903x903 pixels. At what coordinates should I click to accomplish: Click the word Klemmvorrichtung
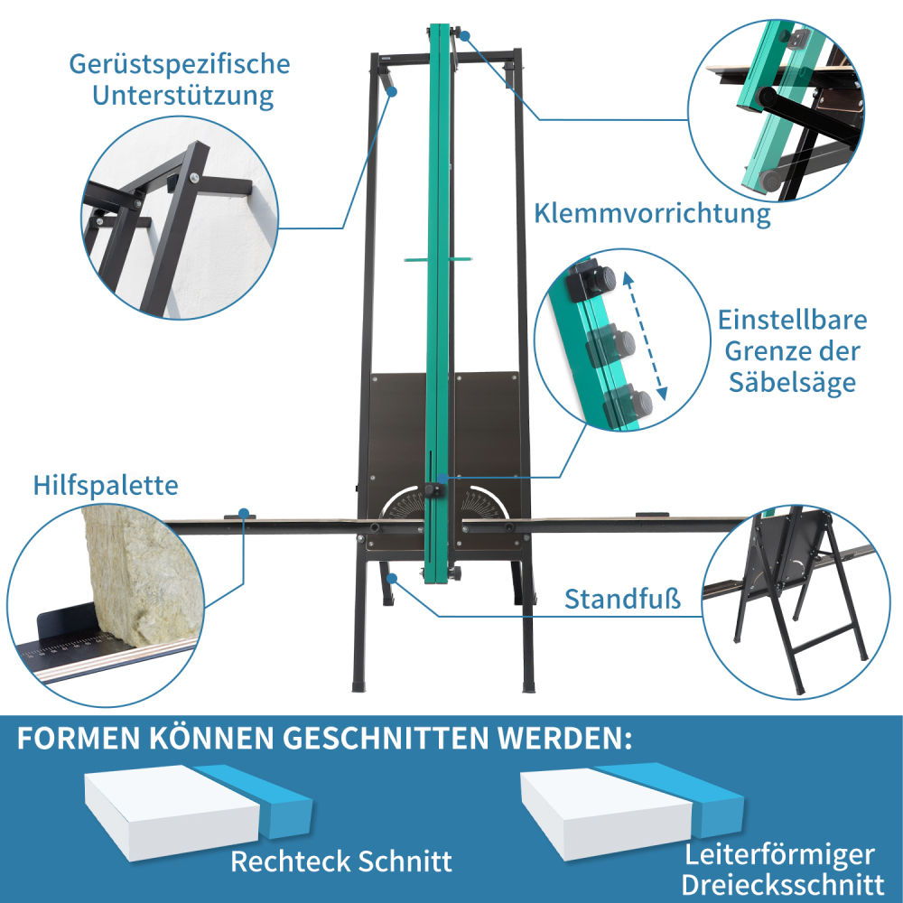point(652,214)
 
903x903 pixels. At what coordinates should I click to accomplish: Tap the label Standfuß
point(623,599)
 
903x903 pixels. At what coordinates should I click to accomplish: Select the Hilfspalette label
point(106,485)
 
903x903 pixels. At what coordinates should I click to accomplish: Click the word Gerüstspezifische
point(180,65)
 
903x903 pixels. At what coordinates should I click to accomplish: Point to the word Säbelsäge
point(792,382)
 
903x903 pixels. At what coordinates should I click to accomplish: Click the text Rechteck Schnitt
point(341,861)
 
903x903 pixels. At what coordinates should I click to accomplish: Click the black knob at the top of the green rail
point(462,35)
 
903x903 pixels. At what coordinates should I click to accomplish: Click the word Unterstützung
point(183,95)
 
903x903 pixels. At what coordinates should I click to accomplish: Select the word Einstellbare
point(792,321)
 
